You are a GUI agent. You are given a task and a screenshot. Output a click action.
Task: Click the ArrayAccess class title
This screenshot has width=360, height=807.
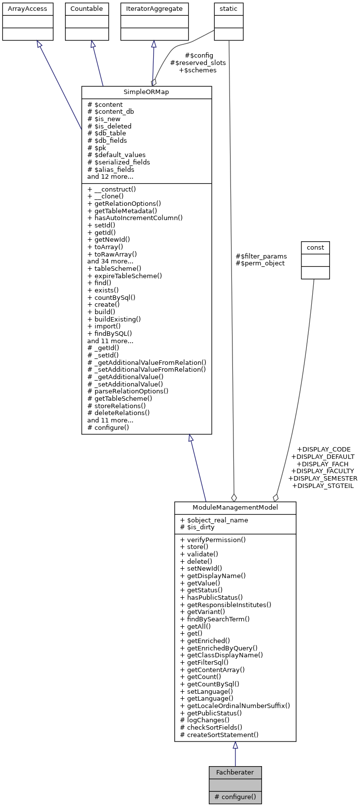[28, 9]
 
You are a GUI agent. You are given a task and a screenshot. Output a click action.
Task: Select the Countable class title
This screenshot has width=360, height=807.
[87, 9]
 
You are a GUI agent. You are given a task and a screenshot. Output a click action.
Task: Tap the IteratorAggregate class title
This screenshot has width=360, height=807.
[154, 9]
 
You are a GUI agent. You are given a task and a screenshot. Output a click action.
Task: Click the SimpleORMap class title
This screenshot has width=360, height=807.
[146, 93]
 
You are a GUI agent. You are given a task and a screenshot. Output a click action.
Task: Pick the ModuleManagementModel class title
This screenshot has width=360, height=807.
[235, 508]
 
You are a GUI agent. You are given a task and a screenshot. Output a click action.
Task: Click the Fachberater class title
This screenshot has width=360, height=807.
[235, 772]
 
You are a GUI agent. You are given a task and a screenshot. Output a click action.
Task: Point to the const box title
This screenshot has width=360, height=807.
[315, 247]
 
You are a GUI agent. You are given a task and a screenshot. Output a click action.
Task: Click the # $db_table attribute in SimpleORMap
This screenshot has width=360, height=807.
[107, 133]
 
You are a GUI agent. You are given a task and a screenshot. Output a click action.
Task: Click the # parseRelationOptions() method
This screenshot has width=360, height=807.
[128, 391]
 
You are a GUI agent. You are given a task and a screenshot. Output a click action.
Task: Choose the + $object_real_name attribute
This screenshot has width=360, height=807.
[214, 520]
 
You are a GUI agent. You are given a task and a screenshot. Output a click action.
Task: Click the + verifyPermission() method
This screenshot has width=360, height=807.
[213, 540]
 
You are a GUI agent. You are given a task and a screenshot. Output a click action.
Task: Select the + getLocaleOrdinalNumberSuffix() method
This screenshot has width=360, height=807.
[235, 706]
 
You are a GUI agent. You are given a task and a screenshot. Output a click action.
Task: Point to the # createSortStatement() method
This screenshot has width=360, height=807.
[220, 735]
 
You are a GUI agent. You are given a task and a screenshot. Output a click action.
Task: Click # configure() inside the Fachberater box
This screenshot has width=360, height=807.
[235, 797]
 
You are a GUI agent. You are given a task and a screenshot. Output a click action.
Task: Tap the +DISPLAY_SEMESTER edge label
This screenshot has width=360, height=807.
[323, 478]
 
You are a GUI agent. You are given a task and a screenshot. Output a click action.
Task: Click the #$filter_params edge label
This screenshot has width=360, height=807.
[261, 256]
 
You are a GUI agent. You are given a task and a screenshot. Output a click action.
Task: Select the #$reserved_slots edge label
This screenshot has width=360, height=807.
[198, 63]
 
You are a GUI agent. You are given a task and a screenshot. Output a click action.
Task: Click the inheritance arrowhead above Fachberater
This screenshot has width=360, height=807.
[235, 745]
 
